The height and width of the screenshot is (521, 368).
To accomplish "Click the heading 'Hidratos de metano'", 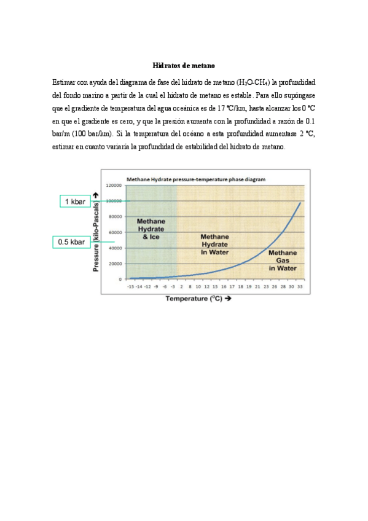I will [184, 65].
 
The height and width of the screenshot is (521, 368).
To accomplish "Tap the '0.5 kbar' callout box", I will [71, 241].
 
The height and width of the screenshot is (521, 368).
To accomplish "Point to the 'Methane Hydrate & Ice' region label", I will [151, 229].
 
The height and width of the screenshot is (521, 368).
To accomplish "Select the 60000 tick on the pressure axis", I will [114, 232].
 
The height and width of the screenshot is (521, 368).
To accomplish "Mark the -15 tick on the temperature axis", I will [131, 286].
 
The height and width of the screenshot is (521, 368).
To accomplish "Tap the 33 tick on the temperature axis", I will [299, 286].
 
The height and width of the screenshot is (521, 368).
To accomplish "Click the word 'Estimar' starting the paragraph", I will [63, 82].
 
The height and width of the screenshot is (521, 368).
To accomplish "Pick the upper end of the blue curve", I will [300, 202].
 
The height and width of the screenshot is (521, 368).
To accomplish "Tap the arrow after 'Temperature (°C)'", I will [228, 299].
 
